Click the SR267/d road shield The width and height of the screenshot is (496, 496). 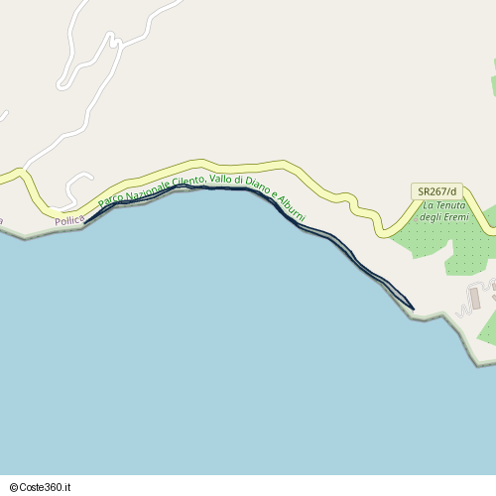click(436, 190)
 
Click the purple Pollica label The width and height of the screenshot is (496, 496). click(69, 220)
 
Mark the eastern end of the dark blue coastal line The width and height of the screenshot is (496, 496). click(413, 308)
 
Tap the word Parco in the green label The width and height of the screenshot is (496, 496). click(110, 198)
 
